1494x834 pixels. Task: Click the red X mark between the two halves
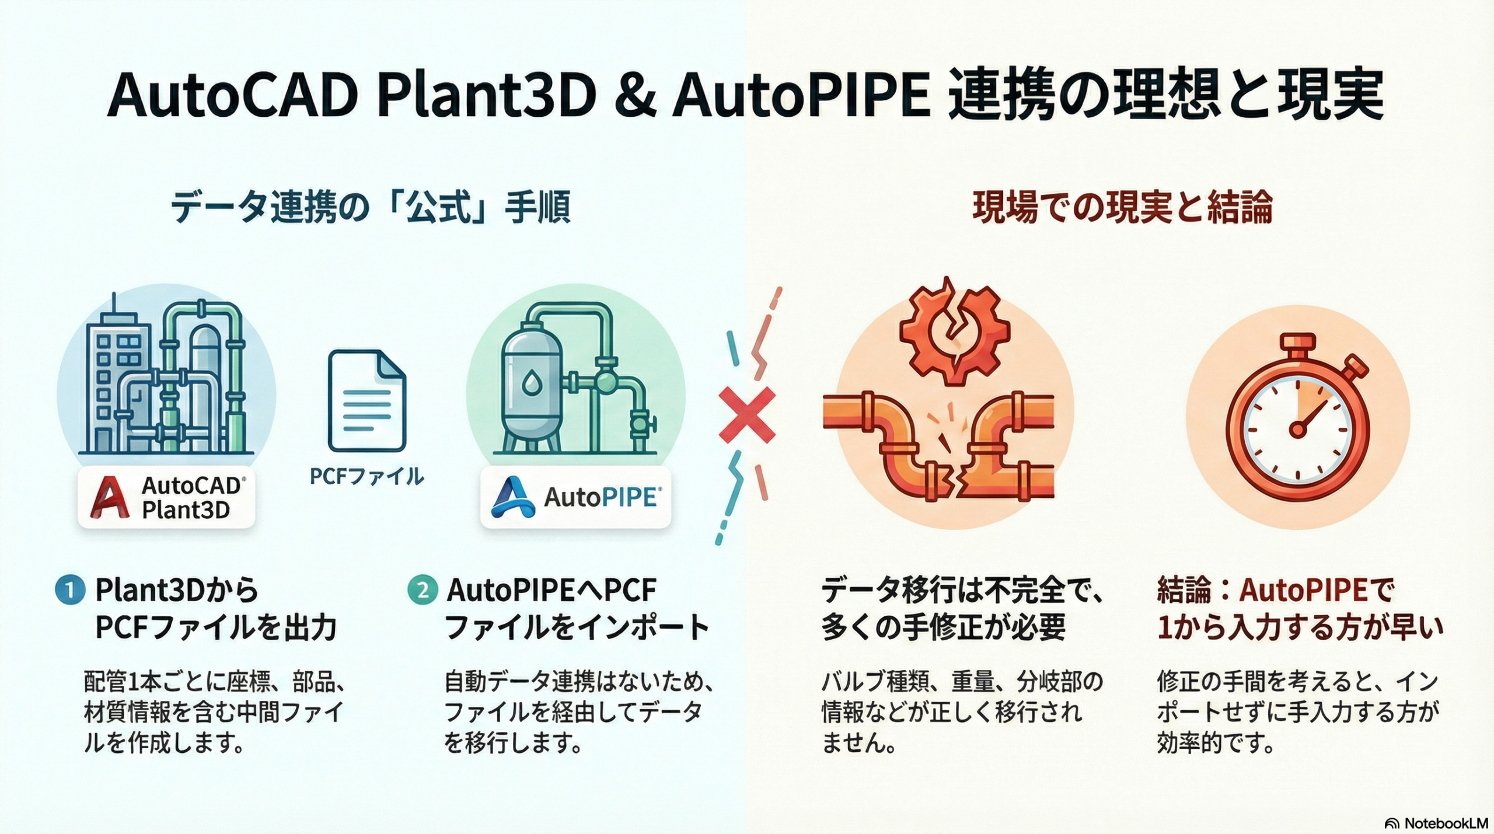pyautogui.click(x=746, y=415)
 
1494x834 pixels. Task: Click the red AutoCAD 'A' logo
pyautogui.click(x=109, y=497)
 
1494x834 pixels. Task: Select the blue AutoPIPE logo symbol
pyautogui.click(x=513, y=497)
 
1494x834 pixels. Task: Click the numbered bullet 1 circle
pyautogui.click(x=69, y=590)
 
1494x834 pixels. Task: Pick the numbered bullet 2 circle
pyautogui.click(x=422, y=590)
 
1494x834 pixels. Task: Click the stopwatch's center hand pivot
pyautogui.click(x=1297, y=430)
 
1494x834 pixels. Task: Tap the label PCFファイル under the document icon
pyautogui.click(x=366, y=477)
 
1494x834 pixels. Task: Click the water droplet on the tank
pyautogui.click(x=532, y=383)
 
